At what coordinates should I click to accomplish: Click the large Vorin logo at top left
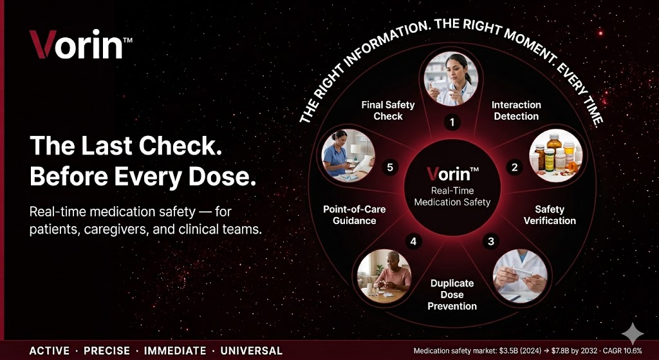80,44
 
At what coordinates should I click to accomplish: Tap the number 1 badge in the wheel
452,122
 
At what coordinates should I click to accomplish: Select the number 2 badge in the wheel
514,167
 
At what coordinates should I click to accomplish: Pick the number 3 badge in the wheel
490,242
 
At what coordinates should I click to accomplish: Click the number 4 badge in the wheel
414,242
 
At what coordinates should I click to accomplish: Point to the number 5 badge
390,167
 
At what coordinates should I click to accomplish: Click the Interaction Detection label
516,111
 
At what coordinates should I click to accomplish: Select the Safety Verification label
550,215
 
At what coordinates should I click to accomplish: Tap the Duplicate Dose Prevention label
452,294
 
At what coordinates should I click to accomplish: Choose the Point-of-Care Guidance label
355,215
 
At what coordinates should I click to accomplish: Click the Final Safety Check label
388,111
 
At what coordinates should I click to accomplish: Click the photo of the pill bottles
555,156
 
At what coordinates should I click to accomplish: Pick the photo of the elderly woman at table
384,276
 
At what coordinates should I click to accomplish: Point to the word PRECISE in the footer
107,351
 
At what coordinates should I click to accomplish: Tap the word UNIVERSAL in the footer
252,351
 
